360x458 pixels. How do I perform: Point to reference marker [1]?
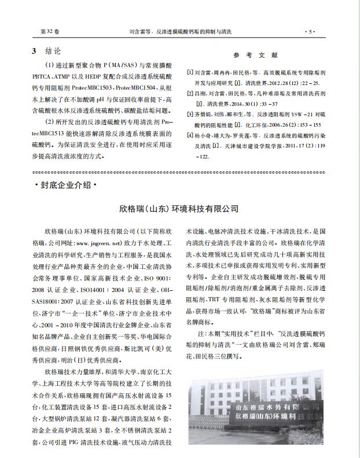click(x=189, y=73)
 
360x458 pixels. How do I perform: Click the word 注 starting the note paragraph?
click(x=201, y=334)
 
